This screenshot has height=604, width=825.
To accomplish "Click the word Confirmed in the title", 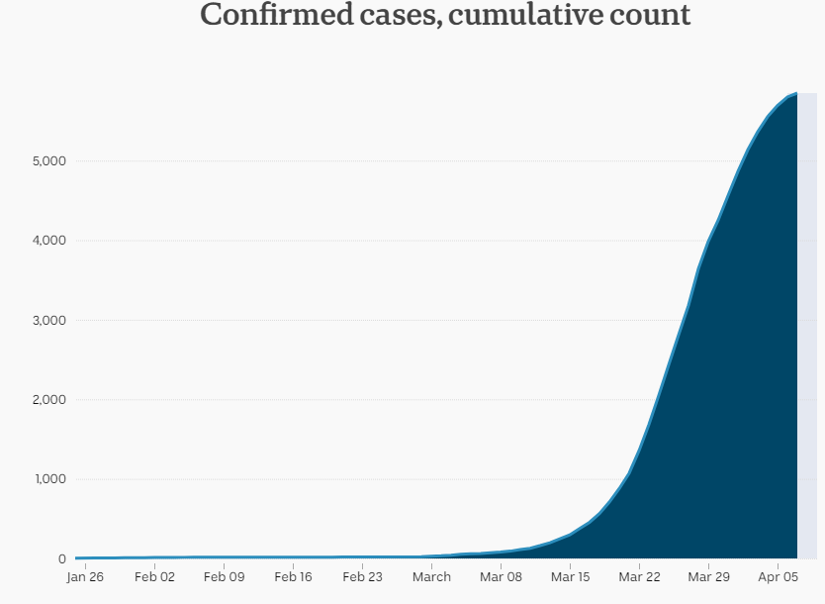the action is [x=277, y=14].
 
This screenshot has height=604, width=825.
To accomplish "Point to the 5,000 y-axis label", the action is [x=49, y=161].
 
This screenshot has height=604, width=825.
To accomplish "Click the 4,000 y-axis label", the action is [x=49, y=241].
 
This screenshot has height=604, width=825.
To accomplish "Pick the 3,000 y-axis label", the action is [x=49, y=320].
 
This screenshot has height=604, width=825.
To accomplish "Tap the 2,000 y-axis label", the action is [x=49, y=400].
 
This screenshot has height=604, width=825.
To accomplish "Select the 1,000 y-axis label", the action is [x=50, y=479].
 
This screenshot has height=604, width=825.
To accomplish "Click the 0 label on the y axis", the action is [x=62, y=558].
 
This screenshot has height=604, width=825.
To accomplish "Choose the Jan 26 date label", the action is [x=85, y=577].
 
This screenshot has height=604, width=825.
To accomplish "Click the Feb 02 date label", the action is [x=154, y=577].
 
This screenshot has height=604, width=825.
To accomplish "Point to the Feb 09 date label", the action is [x=225, y=577].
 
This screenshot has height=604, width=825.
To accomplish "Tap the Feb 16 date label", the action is [x=293, y=577].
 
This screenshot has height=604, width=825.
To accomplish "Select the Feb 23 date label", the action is [x=362, y=577].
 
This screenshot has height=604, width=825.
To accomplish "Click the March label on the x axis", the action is [x=431, y=577].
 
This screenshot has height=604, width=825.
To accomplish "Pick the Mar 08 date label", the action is [x=501, y=577].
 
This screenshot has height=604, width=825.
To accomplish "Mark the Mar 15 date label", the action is [x=571, y=577].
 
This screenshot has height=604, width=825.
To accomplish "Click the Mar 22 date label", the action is [x=639, y=577].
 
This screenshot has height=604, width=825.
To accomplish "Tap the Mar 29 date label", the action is [x=708, y=577].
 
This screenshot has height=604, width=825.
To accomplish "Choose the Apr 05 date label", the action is [x=779, y=577].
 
